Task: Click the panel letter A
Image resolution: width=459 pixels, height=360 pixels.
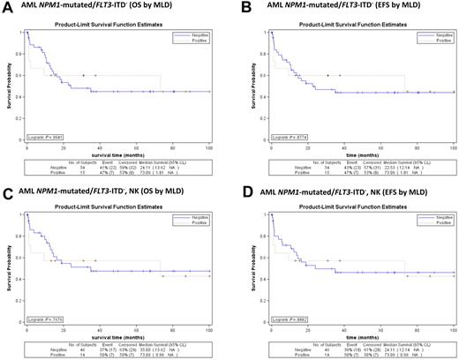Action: (6, 7)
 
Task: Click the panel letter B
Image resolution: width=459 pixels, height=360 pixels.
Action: (238, 7)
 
